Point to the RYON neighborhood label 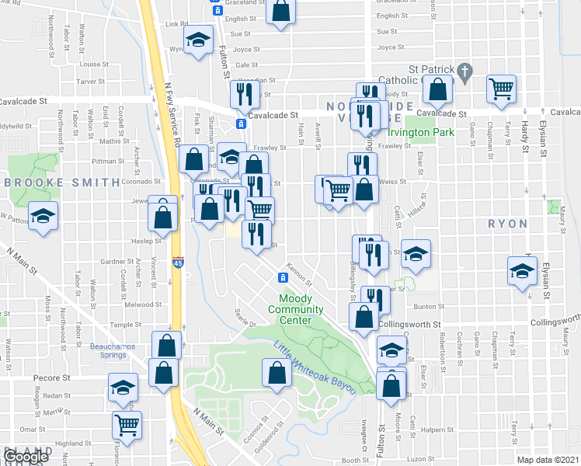[507, 224]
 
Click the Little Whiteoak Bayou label [313, 367]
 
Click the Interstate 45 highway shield [178, 263]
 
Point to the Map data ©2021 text [548, 460]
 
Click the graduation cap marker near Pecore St [122, 388]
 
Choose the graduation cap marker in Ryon [521, 272]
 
